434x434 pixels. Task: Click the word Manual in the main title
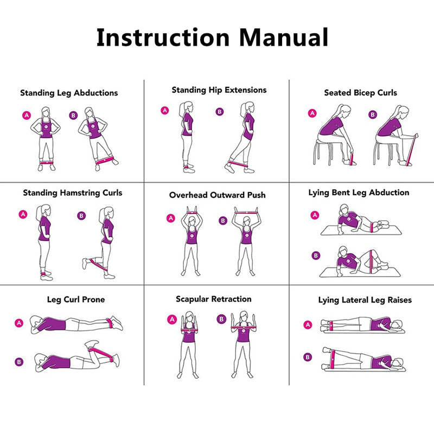pos(284,37)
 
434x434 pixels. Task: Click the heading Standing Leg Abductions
pos(69,93)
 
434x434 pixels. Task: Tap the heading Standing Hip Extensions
pos(219,90)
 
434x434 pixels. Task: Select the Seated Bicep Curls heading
pos(360,93)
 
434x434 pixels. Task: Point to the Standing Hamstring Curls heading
pos(73,193)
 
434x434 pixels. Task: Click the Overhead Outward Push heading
pos(217,195)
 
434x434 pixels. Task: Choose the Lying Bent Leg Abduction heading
pos(359,193)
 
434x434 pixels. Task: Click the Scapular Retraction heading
pos(213,299)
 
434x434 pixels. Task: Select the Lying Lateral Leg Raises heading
pos(365,300)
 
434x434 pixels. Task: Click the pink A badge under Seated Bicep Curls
pos(312,113)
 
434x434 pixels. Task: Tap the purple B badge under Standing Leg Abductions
pos(74,115)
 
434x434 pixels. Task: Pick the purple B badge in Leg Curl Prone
pos(20,361)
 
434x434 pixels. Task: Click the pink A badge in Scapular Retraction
pos(172,319)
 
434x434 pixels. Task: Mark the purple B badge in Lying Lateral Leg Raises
pos(308,357)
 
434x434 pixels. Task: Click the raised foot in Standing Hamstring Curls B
pos(85,264)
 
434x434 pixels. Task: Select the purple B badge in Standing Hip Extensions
pos(220,112)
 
